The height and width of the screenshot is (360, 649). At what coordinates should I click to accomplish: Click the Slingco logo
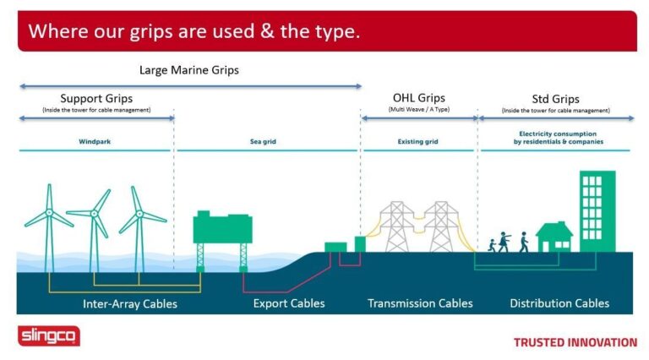tap(49, 335)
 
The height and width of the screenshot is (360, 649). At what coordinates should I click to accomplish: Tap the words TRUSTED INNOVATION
tap(575, 342)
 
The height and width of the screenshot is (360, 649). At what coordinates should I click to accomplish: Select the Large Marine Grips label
tap(189, 70)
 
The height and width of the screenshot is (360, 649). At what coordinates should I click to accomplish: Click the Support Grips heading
tap(96, 99)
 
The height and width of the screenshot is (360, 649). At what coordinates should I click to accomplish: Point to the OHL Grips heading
tap(419, 98)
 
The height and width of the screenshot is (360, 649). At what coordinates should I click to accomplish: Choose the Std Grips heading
tap(555, 100)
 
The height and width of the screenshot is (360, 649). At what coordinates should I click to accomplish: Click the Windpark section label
tap(95, 141)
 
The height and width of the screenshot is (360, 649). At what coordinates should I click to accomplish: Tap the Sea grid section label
tap(263, 141)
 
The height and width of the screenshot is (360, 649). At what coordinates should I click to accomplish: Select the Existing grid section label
tap(417, 141)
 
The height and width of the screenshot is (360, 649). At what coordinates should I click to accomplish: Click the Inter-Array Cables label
tap(130, 304)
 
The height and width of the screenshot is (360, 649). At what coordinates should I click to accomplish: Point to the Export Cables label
tap(289, 303)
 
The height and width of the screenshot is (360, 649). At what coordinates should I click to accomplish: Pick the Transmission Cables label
tap(420, 303)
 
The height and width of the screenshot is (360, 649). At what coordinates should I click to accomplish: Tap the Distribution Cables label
tap(559, 303)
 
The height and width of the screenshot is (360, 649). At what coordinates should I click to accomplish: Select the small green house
tap(554, 237)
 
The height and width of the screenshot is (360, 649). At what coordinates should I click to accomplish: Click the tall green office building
tap(597, 211)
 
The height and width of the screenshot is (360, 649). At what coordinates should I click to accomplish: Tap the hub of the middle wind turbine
tap(95, 214)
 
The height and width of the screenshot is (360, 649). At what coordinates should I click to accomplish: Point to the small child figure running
tap(492, 245)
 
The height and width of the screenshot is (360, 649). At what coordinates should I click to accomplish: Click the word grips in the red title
tap(150, 32)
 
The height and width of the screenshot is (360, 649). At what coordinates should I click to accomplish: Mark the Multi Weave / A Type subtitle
tap(419, 109)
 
